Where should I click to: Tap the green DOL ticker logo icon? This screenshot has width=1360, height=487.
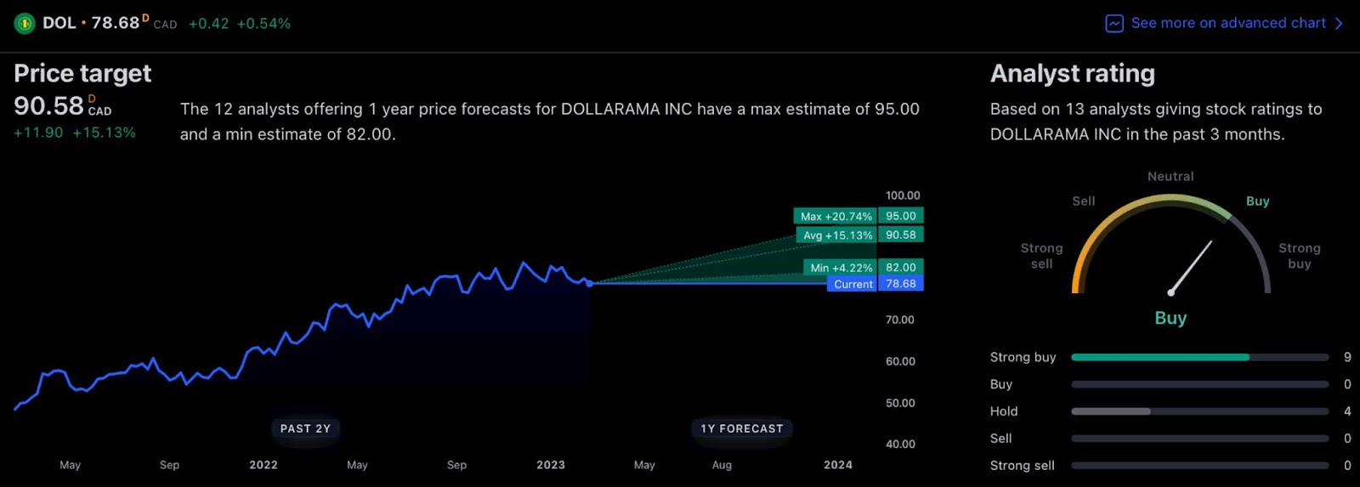click(x=24, y=24)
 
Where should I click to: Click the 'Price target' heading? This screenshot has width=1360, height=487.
click(x=82, y=73)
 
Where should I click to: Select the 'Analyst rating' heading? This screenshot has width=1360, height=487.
click(x=1072, y=73)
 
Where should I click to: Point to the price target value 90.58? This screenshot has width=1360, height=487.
click(x=48, y=105)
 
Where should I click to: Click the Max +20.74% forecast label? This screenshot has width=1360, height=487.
click(x=836, y=216)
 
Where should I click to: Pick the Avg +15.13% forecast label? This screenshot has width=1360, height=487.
click(x=837, y=235)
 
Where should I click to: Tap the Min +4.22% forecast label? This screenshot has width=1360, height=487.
click(x=841, y=267)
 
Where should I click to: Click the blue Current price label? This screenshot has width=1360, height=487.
click(x=853, y=284)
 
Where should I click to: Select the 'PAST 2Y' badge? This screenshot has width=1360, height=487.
click(x=305, y=428)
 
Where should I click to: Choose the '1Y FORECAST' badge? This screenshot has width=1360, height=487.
click(x=741, y=428)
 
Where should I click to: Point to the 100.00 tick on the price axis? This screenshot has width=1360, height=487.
click(x=903, y=195)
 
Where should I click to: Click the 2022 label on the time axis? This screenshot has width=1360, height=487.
click(x=263, y=465)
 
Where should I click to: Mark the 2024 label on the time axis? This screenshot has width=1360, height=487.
click(x=838, y=465)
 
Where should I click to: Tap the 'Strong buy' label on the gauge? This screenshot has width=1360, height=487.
click(x=1299, y=255)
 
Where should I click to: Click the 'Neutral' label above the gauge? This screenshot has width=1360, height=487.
click(x=1170, y=176)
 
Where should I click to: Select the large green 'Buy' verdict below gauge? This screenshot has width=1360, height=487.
click(x=1170, y=318)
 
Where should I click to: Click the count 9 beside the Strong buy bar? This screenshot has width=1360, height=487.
click(x=1347, y=357)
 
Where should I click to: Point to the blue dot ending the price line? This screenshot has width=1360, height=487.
click(x=589, y=283)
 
